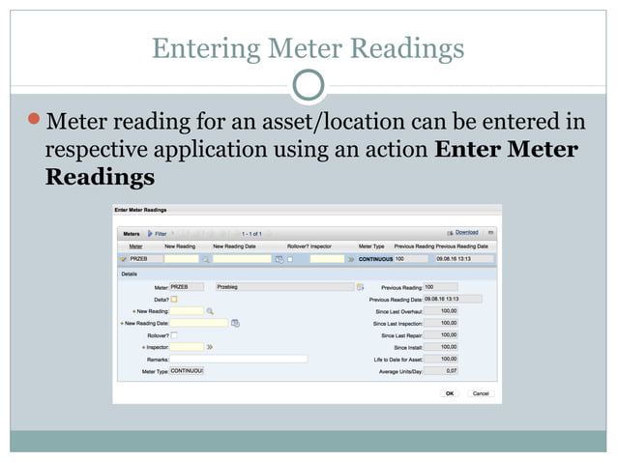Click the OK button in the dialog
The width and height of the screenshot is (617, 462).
tap(450, 393)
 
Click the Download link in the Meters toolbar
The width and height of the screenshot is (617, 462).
tap(467, 233)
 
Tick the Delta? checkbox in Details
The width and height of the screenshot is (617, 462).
tap(175, 299)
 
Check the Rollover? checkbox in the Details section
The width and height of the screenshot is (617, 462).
tap(175, 334)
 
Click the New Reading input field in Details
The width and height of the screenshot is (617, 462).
tap(187, 310)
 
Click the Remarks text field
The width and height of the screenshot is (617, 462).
tap(238, 359)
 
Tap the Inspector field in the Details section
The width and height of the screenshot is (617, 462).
tap(187, 346)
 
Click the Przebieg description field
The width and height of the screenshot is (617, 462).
tap(284, 287)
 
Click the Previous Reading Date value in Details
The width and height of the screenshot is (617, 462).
tap(453, 299)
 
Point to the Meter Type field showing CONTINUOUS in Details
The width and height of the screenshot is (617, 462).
tap(187, 370)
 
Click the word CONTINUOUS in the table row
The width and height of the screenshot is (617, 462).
tap(375, 259)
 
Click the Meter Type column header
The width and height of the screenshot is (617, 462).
tap(372, 246)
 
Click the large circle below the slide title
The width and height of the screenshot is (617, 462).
tap(308, 85)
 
